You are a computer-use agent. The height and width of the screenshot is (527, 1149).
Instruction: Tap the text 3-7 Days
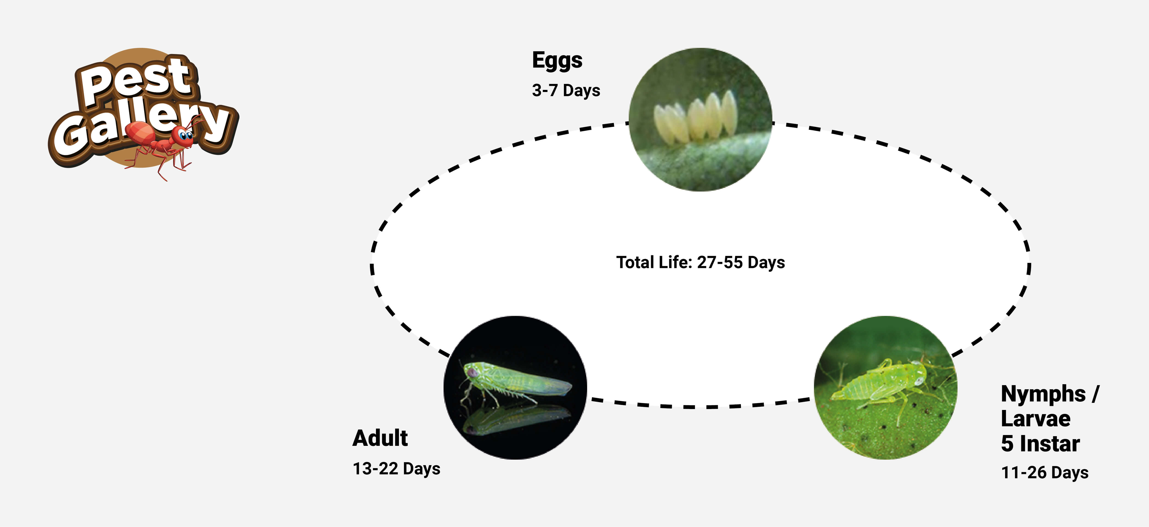click(566, 91)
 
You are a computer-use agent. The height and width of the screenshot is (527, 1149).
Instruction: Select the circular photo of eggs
click(700, 120)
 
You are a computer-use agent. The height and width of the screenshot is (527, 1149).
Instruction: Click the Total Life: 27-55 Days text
click(700, 262)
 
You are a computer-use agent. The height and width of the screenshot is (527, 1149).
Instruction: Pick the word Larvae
click(1036, 418)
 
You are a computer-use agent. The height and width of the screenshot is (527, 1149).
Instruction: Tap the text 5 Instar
click(1040, 444)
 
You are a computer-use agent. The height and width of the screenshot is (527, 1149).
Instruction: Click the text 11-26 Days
click(1045, 473)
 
